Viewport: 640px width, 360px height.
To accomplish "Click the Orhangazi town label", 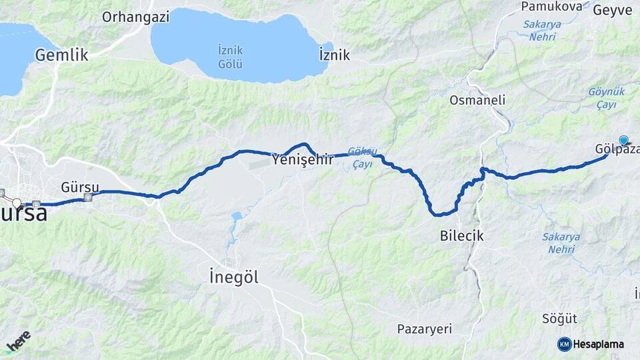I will [135, 17].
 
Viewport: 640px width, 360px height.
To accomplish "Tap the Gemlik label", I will [62, 55].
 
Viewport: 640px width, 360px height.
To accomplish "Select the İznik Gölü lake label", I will [230, 57].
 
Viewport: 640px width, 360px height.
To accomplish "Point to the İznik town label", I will [335, 55].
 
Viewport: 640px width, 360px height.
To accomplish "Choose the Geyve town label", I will [612, 10].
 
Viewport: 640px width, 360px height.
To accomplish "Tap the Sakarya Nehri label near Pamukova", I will [542, 31].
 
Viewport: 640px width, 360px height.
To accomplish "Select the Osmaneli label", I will [477, 100].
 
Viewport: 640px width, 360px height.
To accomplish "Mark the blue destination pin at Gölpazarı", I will [623, 140].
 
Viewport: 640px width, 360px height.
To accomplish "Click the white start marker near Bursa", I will [17, 202].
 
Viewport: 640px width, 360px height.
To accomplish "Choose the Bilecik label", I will [461, 235].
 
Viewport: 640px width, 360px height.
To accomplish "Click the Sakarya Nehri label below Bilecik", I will [561, 243].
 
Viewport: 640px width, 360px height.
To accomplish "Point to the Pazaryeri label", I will [424, 329].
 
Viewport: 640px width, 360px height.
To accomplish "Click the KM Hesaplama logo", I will [591, 344].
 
